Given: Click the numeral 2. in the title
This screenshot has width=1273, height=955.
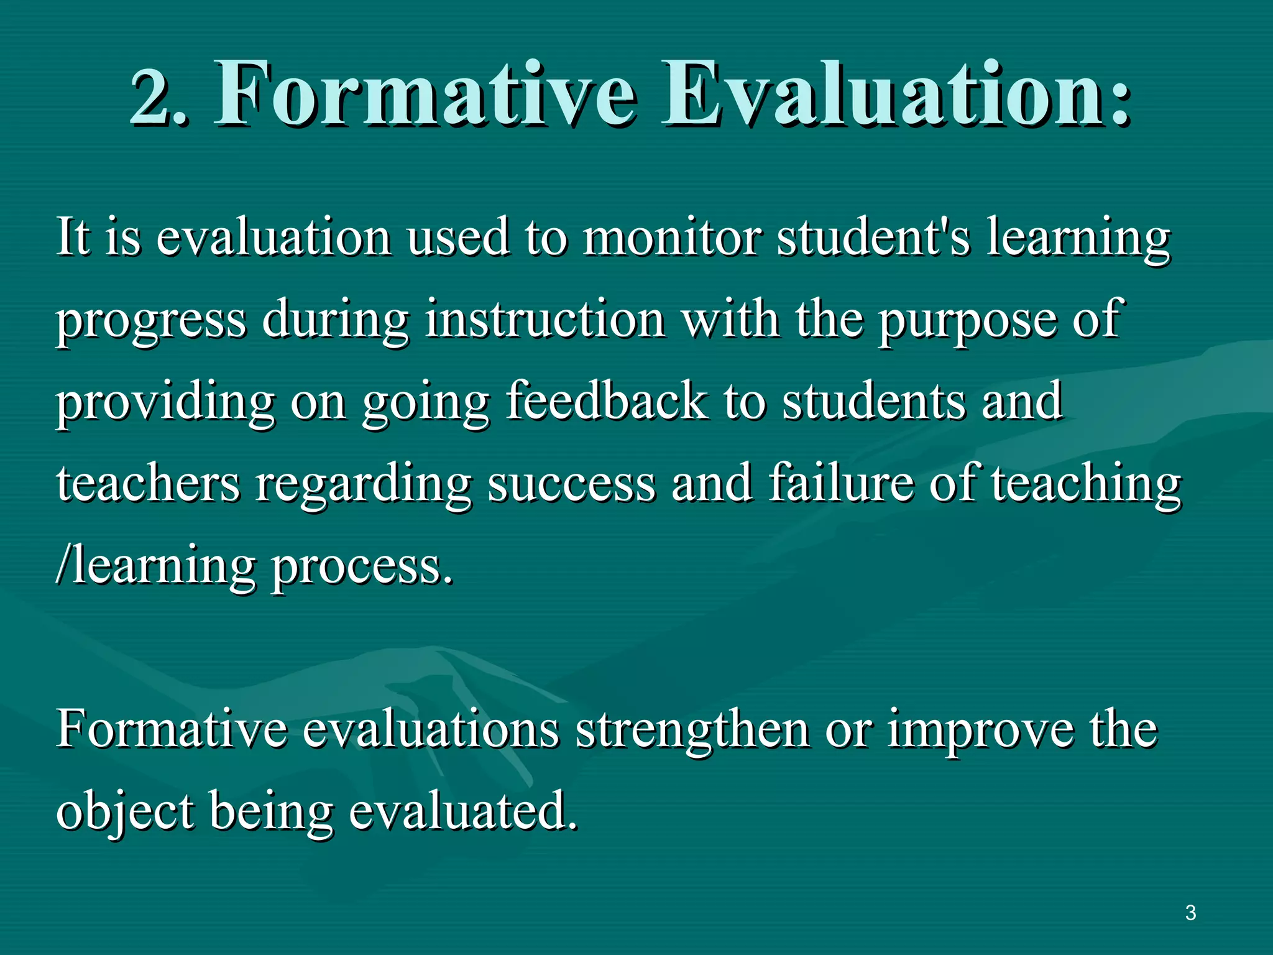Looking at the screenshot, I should coord(158,96).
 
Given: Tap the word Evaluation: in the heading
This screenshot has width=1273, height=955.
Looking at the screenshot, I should coord(895,93).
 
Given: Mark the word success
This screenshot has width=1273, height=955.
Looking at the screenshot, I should coord(571,485).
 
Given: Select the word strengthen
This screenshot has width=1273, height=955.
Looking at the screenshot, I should coord(692,731).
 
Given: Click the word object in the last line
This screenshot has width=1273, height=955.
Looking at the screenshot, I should coord(124,812).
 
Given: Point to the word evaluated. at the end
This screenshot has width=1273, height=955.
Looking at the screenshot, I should coord(462,811).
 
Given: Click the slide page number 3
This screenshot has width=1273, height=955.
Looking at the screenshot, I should coord(1190,913).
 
